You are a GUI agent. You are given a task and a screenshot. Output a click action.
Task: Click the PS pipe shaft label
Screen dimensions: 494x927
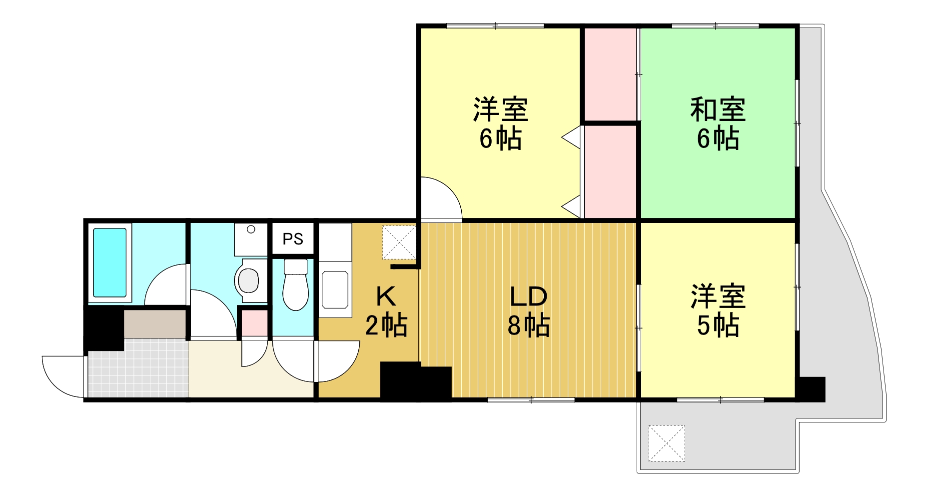(x=293, y=239)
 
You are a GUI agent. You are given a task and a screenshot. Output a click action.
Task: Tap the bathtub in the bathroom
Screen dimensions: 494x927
(x=110, y=263)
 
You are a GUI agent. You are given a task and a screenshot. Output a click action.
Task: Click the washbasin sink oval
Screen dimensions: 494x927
(x=248, y=280)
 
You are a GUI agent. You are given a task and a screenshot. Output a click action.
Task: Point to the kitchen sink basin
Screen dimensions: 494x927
(x=334, y=289)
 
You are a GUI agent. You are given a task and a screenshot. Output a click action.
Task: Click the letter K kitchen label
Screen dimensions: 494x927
(x=386, y=296)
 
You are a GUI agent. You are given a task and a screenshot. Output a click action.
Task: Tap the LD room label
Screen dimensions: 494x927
(x=528, y=297)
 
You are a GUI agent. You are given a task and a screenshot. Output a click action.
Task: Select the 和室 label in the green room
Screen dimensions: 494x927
(x=718, y=109)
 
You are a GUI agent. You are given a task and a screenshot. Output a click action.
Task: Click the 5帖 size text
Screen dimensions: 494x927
(x=718, y=325)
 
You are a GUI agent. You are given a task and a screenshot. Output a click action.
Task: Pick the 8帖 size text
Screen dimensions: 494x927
(x=528, y=325)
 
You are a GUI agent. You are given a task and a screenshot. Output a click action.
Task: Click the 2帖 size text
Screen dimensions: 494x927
(x=386, y=325)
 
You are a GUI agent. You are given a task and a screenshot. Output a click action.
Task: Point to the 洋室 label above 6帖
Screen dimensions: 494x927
(x=500, y=109)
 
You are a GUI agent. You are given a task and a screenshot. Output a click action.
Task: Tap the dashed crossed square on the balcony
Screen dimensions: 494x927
(x=667, y=443)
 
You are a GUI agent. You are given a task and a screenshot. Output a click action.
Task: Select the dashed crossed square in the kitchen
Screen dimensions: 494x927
(x=399, y=242)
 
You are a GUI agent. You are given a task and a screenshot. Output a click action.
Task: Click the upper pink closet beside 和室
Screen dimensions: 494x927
(x=610, y=74)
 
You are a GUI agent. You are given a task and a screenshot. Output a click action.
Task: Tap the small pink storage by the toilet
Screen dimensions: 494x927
(x=254, y=323)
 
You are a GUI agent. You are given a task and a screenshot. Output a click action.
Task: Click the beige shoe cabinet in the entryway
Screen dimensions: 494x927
(x=155, y=324)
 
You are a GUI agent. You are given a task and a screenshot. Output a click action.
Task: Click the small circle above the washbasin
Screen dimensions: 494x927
(x=251, y=229)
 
